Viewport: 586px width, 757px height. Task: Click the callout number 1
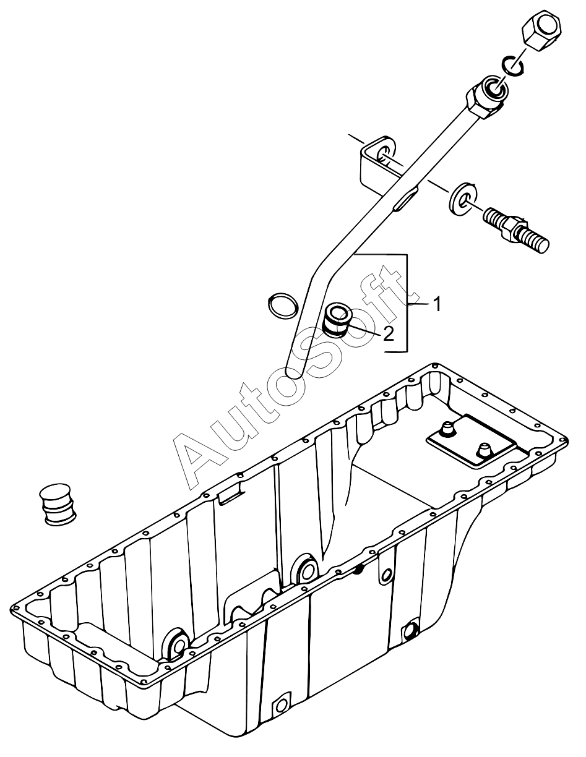[x=436, y=304]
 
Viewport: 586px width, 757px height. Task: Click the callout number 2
[x=388, y=334]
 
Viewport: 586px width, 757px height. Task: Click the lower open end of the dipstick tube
[x=294, y=373]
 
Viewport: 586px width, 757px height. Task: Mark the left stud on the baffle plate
[x=446, y=429]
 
